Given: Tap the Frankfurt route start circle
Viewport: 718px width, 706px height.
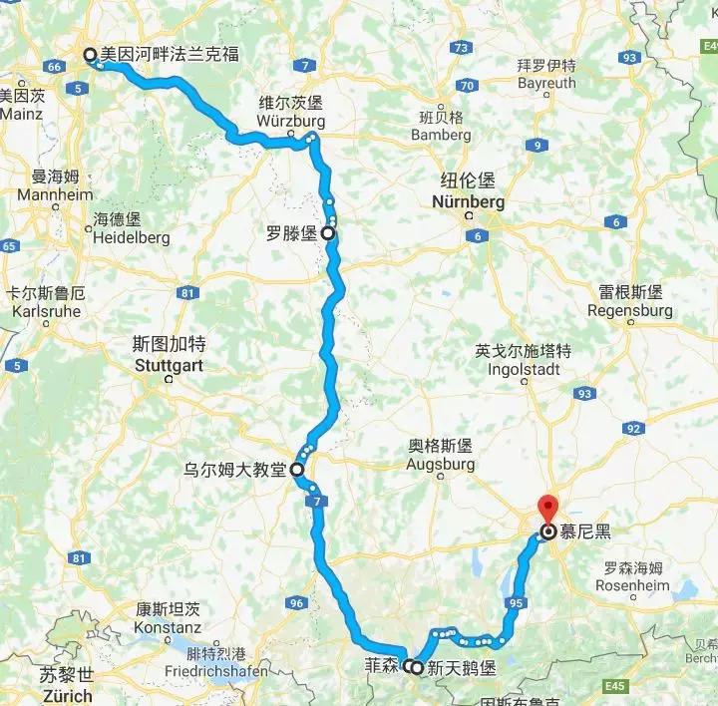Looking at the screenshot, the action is tap(91, 56).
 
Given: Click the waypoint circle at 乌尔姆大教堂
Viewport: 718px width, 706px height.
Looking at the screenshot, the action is tap(296, 468).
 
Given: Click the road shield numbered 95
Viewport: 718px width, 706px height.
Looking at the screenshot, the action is tap(515, 602).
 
